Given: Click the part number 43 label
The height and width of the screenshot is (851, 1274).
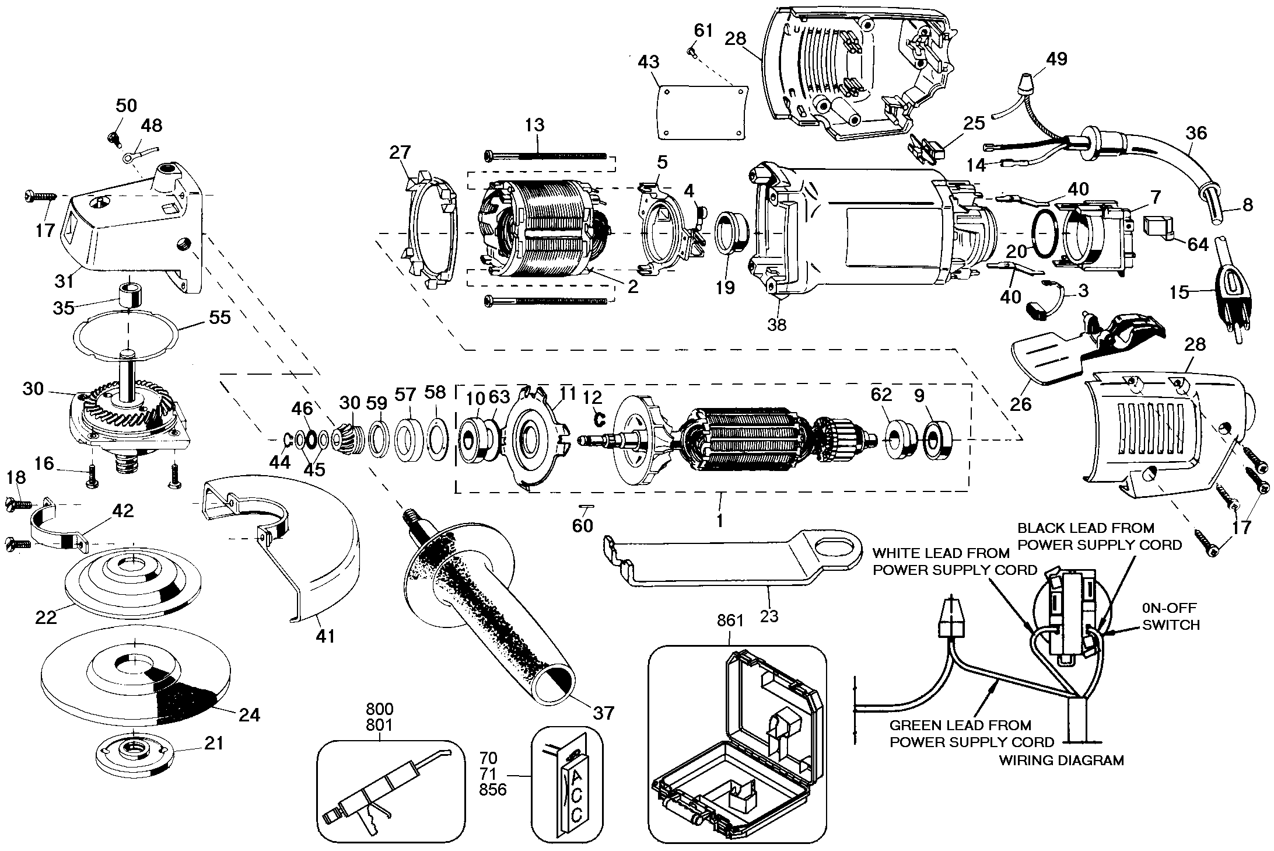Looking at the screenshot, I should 649,62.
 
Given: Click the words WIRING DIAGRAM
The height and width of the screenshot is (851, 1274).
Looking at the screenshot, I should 1061,761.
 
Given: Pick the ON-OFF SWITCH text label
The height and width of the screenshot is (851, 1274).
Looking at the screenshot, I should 1170,618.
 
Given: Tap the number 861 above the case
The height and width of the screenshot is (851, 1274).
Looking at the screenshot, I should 730,620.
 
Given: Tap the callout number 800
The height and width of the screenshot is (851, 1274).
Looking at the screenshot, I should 379,709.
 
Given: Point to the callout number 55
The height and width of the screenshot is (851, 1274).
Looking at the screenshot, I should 219,318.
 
